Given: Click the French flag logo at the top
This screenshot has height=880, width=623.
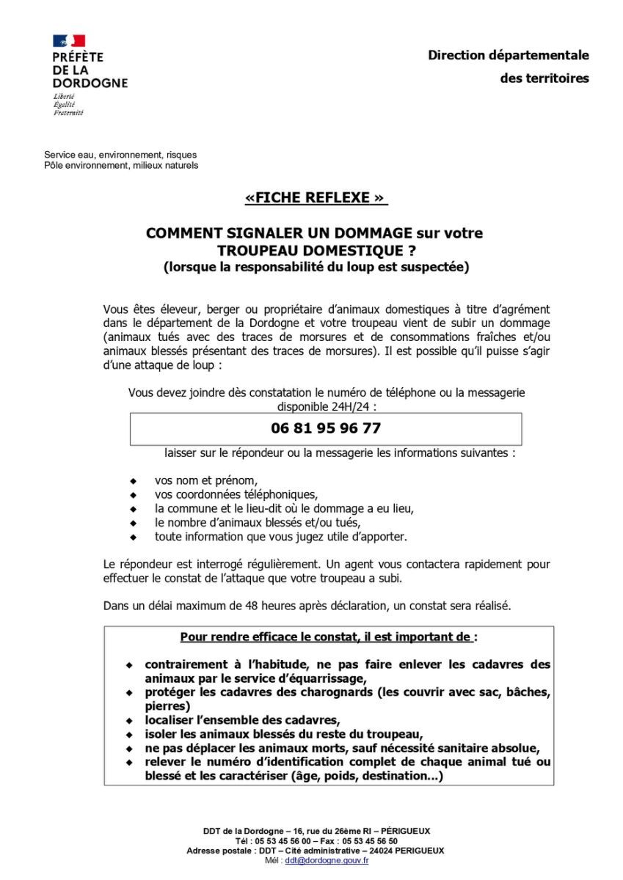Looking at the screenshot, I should (x=68, y=41).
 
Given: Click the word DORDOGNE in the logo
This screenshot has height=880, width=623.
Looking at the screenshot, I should (x=90, y=83).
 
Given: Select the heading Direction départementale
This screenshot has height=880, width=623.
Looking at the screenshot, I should (x=509, y=55).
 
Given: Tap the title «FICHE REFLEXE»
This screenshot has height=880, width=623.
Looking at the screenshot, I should (x=316, y=198).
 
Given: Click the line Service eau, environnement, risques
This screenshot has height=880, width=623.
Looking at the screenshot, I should (x=120, y=155).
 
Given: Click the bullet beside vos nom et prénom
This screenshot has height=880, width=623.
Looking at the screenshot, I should (x=133, y=481).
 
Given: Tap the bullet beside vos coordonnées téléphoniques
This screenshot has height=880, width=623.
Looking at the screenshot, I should (x=133, y=495).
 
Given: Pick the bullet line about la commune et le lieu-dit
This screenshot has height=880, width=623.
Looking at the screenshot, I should (x=284, y=508).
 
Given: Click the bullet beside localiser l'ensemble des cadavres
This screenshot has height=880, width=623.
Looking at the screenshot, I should (x=130, y=720).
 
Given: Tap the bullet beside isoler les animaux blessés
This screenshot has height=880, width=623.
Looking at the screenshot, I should (x=130, y=734).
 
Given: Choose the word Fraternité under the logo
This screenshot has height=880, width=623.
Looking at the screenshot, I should (x=68, y=113).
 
